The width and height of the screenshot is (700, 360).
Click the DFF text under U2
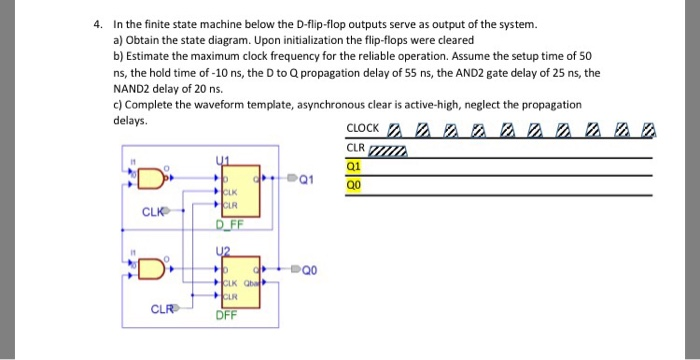pyautogui.click(x=229, y=316)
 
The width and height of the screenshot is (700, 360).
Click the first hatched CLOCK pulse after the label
pyautogui.click(x=394, y=129)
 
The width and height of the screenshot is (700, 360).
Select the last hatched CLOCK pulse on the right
pyautogui.click(x=650, y=129)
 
